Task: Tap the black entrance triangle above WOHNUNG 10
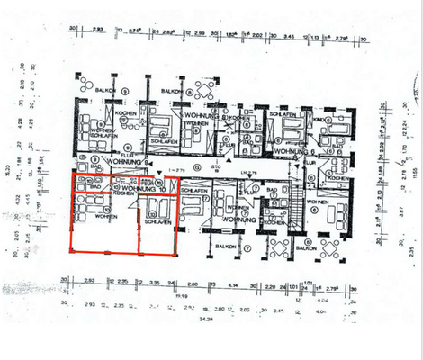click(x=157, y=172)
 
